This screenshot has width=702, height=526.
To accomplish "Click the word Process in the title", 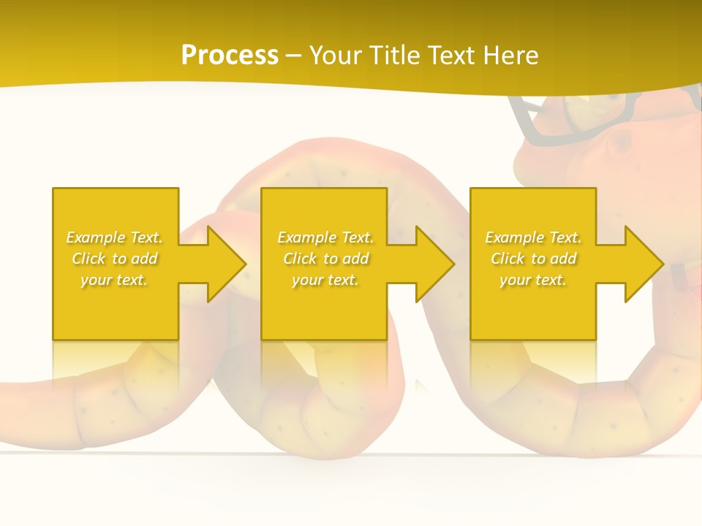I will click(230, 56).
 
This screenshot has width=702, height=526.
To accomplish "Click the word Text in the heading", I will click(449, 56).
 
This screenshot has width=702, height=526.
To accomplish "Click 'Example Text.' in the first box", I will click(115, 237).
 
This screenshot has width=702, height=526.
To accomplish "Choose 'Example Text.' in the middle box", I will click(325, 237).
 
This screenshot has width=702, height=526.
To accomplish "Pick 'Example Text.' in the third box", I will click(533, 237).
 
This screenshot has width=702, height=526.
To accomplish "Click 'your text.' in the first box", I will click(115, 280).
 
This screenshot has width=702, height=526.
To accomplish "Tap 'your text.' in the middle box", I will click(325, 280).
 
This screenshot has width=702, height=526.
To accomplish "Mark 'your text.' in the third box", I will click(533, 280).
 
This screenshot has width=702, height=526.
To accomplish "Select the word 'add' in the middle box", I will click(355, 259).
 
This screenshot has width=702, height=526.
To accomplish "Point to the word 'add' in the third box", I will click(563, 259).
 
